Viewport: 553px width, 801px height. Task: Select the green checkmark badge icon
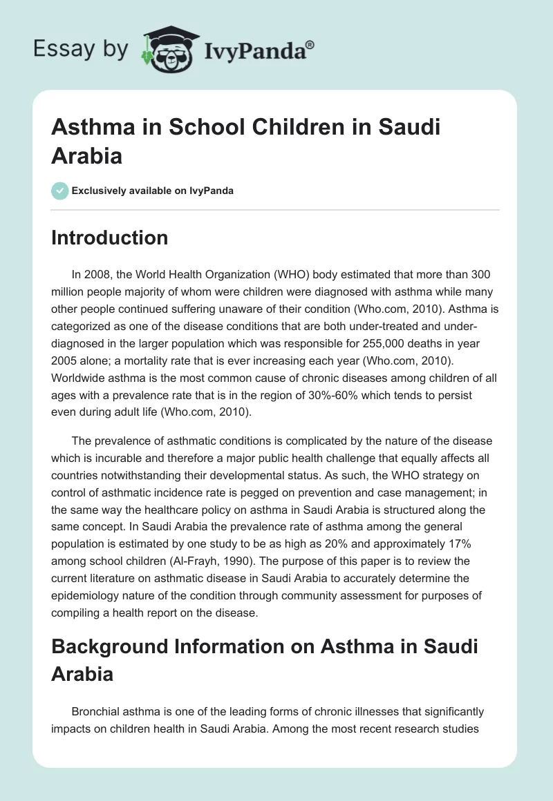(60, 191)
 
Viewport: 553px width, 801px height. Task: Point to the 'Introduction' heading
(110, 238)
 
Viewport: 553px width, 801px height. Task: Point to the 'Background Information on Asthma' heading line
(264, 648)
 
